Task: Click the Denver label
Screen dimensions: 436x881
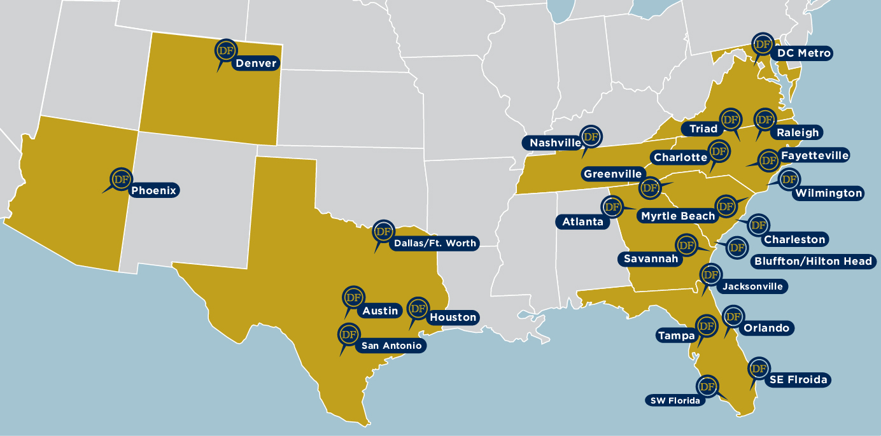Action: click(x=256, y=63)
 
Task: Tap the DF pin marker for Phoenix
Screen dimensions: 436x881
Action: click(x=120, y=179)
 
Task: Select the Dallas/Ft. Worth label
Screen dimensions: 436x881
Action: click(x=435, y=243)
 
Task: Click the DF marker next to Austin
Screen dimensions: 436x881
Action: click(x=353, y=297)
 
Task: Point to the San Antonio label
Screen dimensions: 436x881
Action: click(x=391, y=346)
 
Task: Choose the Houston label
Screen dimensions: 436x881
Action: click(x=453, y=317)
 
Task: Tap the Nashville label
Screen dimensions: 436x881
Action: click(x=555, y=143)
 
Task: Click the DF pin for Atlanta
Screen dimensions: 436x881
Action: click(x=612, y=207)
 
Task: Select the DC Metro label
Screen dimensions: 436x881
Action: click(x=804, y=53)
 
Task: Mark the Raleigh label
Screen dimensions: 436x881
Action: click(x=798, y=133)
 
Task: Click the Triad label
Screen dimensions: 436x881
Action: click(x=703, y=129)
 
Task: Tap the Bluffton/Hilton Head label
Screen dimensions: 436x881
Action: click(x=813, y=261)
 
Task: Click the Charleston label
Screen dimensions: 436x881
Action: click(x=794, y=240)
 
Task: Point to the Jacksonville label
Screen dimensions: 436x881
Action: click(x=752, y=286)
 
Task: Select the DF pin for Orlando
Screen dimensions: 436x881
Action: click(x=732, y=316)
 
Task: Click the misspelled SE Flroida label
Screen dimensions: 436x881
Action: click(x=798, y=380)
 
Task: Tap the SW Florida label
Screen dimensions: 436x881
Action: click(x=675, y=400)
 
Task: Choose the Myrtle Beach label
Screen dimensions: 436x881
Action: click(x=677, y=216)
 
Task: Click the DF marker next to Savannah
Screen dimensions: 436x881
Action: click(x=686, y=245)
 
